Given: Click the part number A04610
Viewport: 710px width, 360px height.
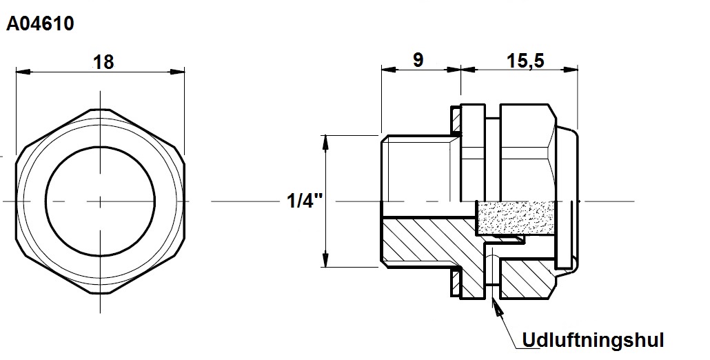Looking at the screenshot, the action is tap(40, 23).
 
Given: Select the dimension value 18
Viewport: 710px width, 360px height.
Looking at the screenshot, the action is tap(103, 63).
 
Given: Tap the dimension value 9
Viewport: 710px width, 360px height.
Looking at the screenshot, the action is tap(418, 60).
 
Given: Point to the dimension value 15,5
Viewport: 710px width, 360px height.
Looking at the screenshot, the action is tap(525, 61).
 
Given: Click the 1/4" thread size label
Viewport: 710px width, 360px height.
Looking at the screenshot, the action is tap(305, 200).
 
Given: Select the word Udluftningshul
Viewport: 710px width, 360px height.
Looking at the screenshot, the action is tap(594, 339).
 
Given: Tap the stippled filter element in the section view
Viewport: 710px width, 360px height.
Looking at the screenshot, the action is tap(516, 218).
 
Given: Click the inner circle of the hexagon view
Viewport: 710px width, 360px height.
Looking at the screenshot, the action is tap(100, 147).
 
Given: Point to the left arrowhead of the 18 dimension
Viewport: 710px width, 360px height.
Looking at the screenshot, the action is tap(23, 72).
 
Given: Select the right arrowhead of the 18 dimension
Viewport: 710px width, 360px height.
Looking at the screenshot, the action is tap(178, 72).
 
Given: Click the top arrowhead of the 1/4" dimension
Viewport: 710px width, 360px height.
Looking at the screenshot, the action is tap(325, 142).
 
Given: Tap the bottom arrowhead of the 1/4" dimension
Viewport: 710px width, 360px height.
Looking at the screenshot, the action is tap(325, 260).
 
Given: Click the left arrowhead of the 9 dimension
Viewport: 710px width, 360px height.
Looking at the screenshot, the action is tap(389, 70).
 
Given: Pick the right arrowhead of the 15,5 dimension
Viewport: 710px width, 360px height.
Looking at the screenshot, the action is tap(571, 70).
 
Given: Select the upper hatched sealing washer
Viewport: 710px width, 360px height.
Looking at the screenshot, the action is tap(456, 121).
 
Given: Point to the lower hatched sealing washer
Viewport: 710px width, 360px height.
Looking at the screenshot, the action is tap(456, 281).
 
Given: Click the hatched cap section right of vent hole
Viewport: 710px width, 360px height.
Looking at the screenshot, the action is tap(525, 279).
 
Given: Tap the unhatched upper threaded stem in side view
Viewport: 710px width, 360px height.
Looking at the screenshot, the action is tap(421, 168).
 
